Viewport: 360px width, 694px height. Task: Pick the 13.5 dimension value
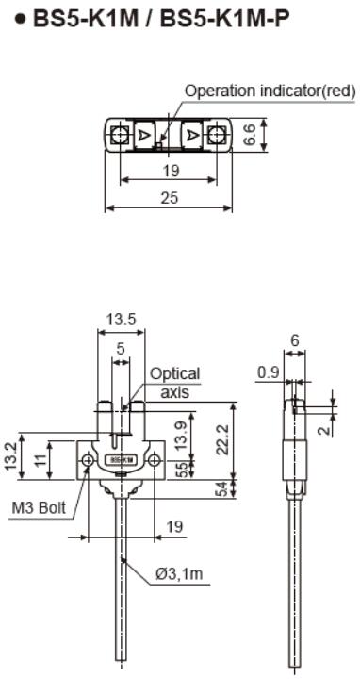point(120,320)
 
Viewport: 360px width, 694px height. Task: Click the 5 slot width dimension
point(120,349)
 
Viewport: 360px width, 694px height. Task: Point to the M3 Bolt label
point(39,507)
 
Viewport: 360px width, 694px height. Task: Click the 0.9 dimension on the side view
point(267,372)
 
